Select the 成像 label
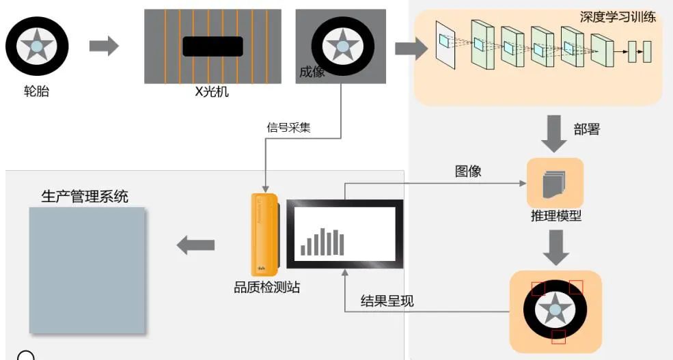tap(312, 72)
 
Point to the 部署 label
tap(587, 129)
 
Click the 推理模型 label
tap(555, 217)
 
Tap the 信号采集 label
tap(288, 126)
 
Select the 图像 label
tap(468, 171)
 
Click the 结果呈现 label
tap(387, 301)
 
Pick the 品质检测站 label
tap(266, 288)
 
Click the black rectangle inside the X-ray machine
tap(212, 46)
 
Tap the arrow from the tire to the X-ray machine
tap(104, 46)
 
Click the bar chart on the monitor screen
tap(322, 243)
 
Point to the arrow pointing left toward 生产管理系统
tap(195, 245)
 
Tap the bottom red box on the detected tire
tap(558, 336)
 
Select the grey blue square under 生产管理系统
tap(87, 270)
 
